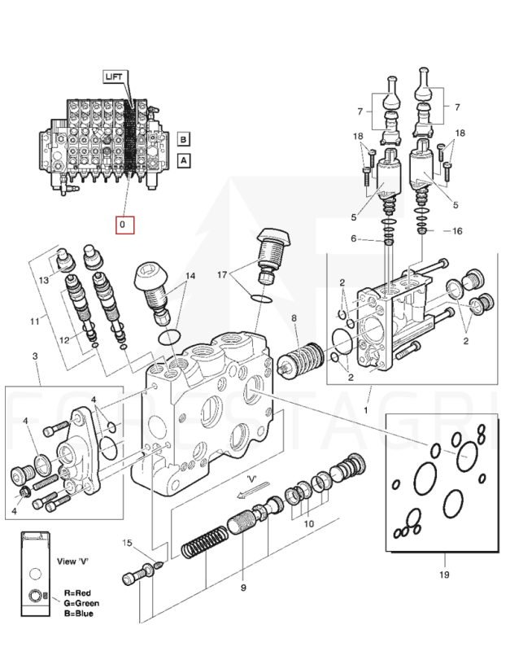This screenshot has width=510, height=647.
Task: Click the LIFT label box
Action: [x=114, y=77]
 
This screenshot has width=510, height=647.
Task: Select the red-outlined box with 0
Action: [x=125, y=225]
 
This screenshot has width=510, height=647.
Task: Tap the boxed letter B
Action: [x=184, y=139]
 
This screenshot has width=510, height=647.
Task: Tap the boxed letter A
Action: [x=184, y=160]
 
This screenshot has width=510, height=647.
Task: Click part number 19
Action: [x=444, y=574]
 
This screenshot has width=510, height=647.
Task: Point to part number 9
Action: [x=243, y=587]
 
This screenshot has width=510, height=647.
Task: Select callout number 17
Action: [x=222, y=274]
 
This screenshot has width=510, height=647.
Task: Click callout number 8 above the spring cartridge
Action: [x=294, y=317]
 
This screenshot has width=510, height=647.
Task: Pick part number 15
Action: [x=127, y=543]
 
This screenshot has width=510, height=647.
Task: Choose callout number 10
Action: [x=309, y=523]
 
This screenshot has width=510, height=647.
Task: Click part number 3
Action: [x=35, y=356]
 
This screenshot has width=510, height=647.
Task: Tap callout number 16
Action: [x=457, y=231]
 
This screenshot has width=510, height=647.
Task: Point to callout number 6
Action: [x=353, y=238]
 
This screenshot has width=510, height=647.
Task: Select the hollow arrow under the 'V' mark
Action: [x=253, y=489]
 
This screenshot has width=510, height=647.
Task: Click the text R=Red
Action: [x=77, y=593]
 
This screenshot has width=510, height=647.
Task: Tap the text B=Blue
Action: [x=78, y=614]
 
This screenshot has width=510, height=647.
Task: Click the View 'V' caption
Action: [x=72, y=562]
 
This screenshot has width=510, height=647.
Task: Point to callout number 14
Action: [x=190, y=276]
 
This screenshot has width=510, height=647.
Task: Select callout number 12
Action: [x=65, y=340]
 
